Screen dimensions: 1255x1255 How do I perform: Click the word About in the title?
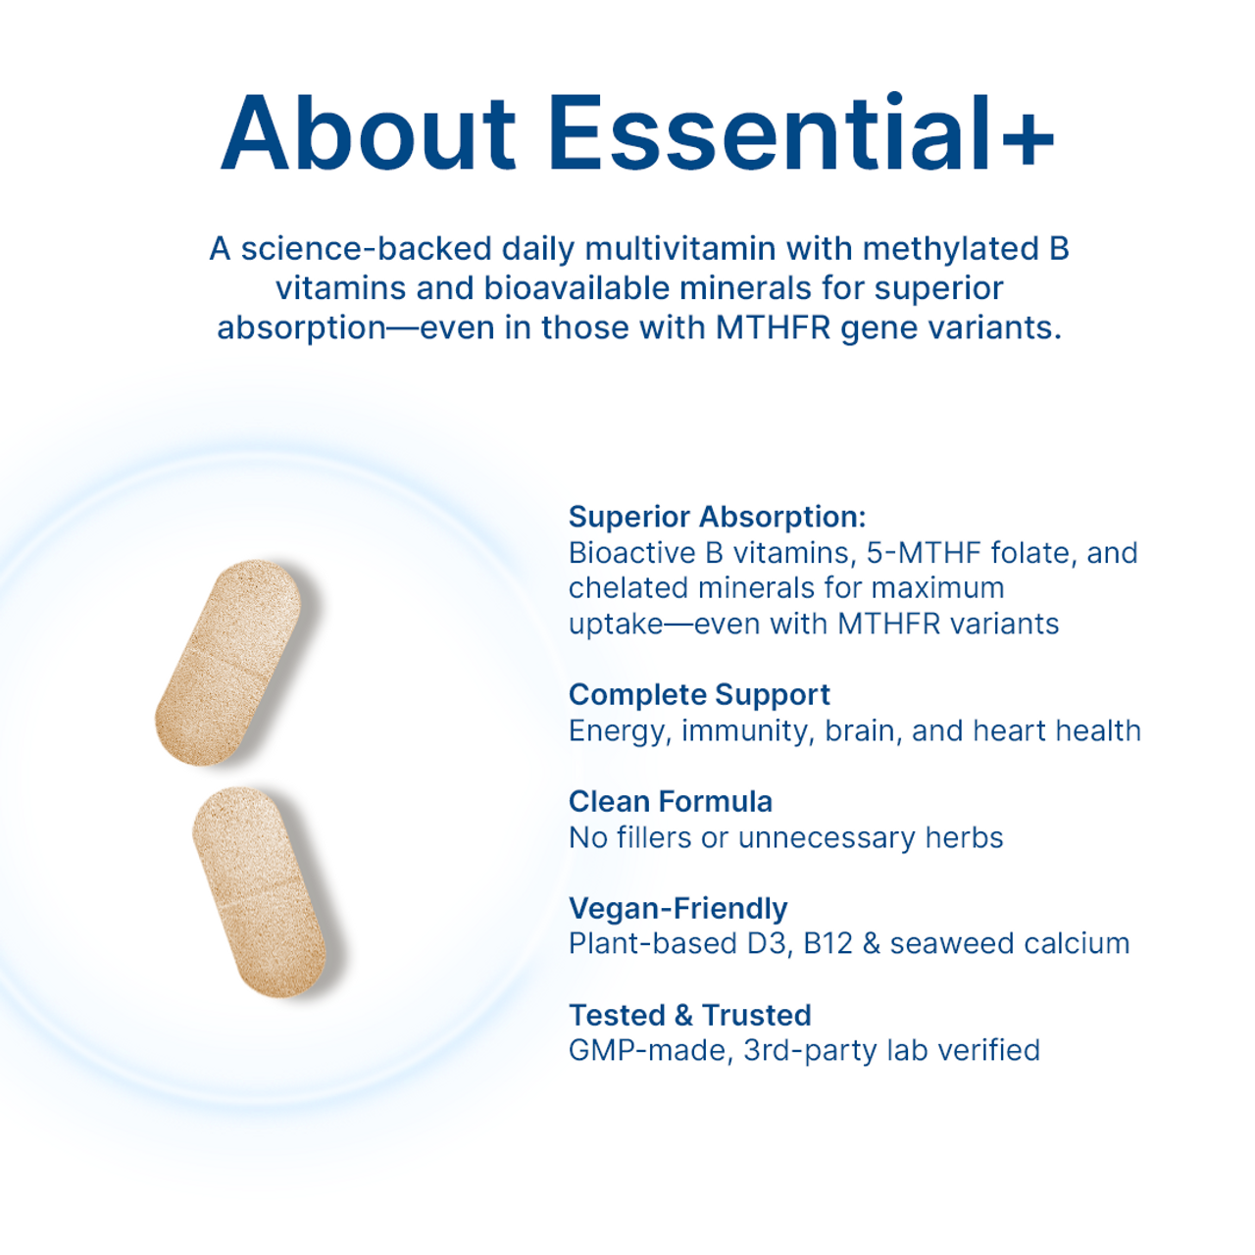click(x=369, y=133)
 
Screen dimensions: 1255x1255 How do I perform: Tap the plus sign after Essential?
click(x=1028, y=138)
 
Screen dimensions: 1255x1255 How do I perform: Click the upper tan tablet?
click(x=228, y=663)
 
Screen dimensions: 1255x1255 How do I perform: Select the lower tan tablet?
click(x=259, y=892)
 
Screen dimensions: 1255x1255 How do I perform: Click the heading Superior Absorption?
click(x=717, y=518)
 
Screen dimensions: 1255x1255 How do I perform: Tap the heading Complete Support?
click(x=699, y=695)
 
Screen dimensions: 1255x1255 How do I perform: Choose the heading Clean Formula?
click(x=671, y=802)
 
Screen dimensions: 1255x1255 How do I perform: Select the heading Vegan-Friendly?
click(x=678, y=909)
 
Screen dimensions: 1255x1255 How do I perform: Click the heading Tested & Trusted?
click(x=689, y=1016)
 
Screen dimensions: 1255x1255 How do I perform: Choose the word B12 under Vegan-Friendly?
click(x=828, y=944)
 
